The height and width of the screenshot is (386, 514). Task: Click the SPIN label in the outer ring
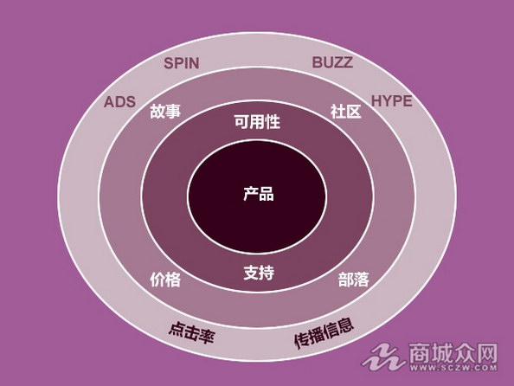181,63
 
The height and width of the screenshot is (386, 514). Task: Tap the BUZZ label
332,62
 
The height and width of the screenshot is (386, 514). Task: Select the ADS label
119,102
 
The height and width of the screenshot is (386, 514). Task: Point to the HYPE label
391,101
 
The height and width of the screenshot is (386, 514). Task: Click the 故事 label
165,111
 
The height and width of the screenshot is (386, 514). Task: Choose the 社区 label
346,112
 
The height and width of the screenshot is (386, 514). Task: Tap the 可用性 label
257,122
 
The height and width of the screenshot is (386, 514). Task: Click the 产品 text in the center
259,194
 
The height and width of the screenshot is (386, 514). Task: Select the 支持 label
259,273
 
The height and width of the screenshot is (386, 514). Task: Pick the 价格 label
165,280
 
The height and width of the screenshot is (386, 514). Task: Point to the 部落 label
353,280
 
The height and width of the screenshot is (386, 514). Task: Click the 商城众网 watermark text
453,352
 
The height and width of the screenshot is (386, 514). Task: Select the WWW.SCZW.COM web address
453,368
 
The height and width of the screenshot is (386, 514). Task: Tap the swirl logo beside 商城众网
383,357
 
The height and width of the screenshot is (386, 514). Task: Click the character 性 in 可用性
273,122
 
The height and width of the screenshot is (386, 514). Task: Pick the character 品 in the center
267,194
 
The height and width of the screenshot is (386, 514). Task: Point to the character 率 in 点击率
207,337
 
